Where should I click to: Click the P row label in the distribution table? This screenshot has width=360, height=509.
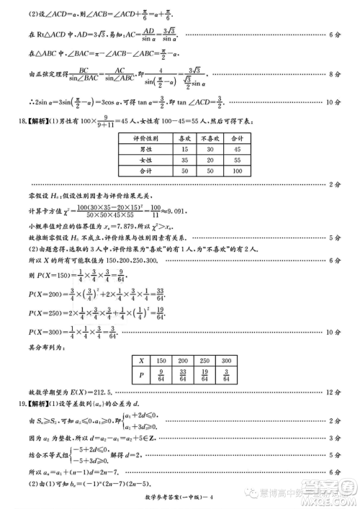[x=142, y=375]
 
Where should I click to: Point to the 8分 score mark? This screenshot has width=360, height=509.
[x=333, y=74]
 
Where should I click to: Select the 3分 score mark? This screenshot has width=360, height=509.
[x=333, y=437]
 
